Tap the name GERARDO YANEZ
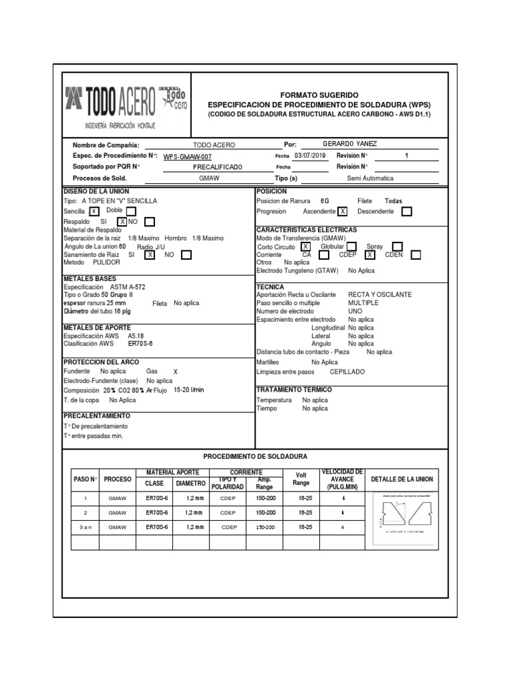point(349,144)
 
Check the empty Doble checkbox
point(131,212)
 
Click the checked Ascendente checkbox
point(342,212)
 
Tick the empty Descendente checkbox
point(407,212)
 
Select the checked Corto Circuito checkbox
point(305,246)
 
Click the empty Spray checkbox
point(397,246)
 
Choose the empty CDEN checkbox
point(416,254)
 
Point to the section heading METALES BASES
point(89,278)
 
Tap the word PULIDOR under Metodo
point(106,262)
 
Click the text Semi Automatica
point(370,178)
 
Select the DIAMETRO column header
point(191,483)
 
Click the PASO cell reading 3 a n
point(85,527)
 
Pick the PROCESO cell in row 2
point(117,513)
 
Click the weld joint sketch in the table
point(403,513)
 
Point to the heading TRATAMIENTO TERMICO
point(293,389)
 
